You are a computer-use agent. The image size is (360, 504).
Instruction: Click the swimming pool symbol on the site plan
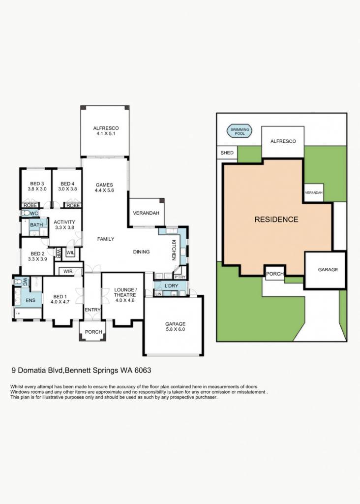(x=240, y=131)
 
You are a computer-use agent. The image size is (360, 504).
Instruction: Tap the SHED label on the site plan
(x=227, y=153)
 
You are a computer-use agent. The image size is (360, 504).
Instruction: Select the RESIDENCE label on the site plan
(x=276, y=220)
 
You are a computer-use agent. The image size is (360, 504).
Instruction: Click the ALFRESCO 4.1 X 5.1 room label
(x=106, y=131)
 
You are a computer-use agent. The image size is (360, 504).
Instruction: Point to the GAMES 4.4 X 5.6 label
(x=104, y=188)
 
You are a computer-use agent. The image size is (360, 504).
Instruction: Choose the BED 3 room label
(x=37, y=186)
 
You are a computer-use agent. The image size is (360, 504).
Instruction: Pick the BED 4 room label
(x=67, y=186)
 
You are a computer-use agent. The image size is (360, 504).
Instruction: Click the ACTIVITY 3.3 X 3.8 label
(x=64, y=224)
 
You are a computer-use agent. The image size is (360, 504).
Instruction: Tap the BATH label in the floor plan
(x=36, y=224)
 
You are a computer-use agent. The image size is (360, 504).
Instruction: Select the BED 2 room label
(x=37, y=256)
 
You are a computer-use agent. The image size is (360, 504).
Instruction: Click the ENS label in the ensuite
(x=30, y=301)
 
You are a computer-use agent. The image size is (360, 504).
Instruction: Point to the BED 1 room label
(x=60, y=299)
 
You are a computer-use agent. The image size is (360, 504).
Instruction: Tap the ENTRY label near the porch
(x=92, y=310)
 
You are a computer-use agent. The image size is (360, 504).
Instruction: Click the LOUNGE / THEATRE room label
(x=124, y=295)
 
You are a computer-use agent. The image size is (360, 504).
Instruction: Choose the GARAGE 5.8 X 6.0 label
(x=176, y=327)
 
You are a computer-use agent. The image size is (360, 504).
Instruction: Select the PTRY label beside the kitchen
(x=180, y=277)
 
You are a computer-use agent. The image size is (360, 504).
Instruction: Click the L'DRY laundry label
(x=171, y=286)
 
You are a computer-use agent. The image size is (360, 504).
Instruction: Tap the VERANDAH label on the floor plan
(x=146, y=213)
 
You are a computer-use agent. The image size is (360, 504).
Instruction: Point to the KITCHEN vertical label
(x=174, y=250)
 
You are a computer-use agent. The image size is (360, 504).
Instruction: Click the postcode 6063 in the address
(x=143, y=370)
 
